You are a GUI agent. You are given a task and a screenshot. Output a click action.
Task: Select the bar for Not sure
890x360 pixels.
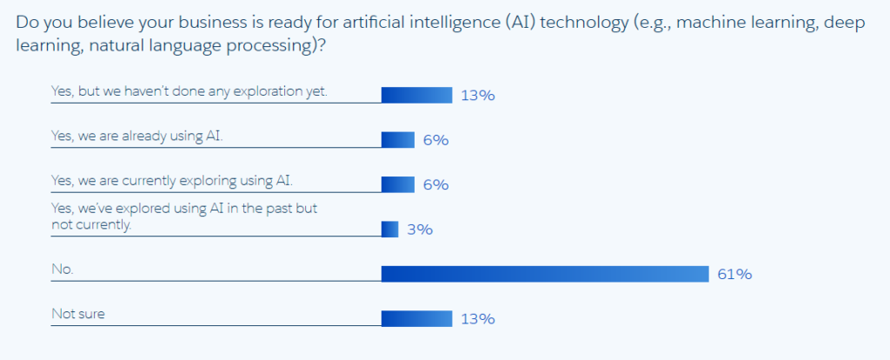click(416, 319)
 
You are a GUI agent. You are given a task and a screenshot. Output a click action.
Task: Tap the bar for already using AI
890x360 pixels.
click(398, 139)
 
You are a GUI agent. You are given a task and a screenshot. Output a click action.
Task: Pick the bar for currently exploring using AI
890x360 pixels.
click(398, 184)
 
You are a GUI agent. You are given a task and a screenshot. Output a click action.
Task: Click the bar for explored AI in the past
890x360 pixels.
click(389, 230)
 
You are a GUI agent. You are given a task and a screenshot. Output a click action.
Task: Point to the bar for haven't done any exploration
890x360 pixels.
click(416, 95)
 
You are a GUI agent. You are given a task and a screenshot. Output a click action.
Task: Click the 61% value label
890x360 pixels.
click(734, 275)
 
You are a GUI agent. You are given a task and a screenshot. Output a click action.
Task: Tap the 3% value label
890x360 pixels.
click(420, 230)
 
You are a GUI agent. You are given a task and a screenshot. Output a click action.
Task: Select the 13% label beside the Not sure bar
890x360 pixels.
click(477, 319)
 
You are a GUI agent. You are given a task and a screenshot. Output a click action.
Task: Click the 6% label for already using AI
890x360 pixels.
click(435, 140)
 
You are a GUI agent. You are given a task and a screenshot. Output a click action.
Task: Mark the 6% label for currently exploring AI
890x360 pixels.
click(435, 185)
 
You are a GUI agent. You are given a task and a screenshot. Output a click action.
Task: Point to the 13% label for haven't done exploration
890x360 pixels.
click(477, 96)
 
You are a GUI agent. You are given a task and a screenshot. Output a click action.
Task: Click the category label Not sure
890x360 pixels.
click(78, 314)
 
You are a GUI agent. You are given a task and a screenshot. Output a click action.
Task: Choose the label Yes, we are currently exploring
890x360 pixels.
click(172, 180)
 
